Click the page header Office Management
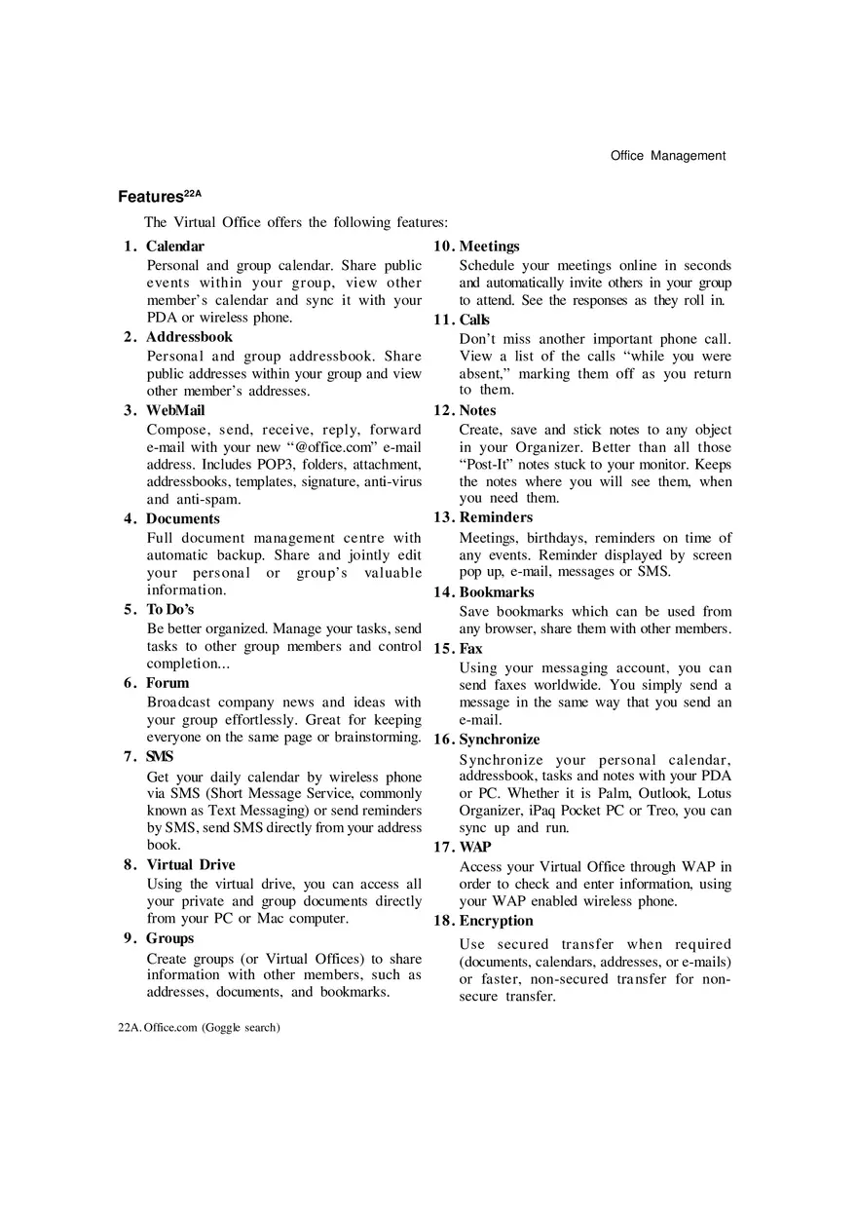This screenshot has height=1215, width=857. [667, 156]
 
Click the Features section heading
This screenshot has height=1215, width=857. [159, 197]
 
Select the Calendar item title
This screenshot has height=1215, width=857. [175, 247]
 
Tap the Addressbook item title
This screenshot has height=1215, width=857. [189, 337]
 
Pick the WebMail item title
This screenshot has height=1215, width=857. [175, 410]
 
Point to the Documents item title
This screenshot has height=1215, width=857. [183, 518]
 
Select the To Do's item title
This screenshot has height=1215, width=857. [170, 609]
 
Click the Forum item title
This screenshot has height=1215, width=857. [168, 683]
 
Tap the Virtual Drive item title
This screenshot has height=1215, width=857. [191, 864]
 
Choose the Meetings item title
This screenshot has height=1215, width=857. [489, 247]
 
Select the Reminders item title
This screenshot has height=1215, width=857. [496, 517]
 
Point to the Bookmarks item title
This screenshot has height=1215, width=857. [497, 591]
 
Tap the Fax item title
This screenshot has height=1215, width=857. [470, 648]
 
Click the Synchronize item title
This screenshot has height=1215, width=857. [500, 740]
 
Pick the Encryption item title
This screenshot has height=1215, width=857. [497, 921]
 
